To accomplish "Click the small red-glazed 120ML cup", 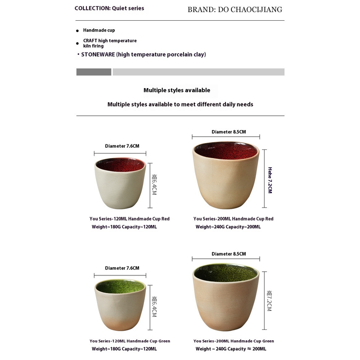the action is pyautogui.click(x=120, y=183).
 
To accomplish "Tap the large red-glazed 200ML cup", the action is pyautogui.click(x=226, y=175).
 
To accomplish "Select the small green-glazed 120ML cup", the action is pyautogui.click(x=120, y=305).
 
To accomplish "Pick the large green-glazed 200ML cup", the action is pyautogui.click(x=226, y=297).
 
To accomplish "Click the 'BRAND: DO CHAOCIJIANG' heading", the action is pyautogui.click(x=235, y=9).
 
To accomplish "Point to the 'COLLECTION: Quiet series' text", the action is pyautogui.click(x=109, y=8).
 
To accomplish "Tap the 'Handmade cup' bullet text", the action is pyautogui.click(x=99, y=30).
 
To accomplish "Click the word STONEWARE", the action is pyautogui.click(x=98, y=54).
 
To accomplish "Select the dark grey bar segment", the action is pyautogui.click(x=94, y=72).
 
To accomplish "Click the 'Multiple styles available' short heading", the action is pyautogui.click(x=177, y=90).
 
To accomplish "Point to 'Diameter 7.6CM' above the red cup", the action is pyautogui.click(x=122, y=146).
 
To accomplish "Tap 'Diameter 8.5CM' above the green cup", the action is pyautogui.click(x=229, y=254).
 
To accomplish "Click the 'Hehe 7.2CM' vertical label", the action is pyautogui.click(x=270, y=180).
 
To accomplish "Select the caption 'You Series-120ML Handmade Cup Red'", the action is pyautogui.click(x=130, y=219).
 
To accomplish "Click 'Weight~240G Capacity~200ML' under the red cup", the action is pyautogui.click(x=228, y=227).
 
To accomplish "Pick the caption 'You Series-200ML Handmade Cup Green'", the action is pyautogui.click(x=234, y=341).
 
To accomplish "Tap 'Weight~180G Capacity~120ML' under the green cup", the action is pyautogui.click(x=124, y=349).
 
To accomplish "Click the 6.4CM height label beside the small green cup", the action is pyautogui.click(x=154, y=307).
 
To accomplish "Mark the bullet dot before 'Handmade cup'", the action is pyautogui.click(x=77, y=31).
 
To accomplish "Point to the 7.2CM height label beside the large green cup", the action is pyautogui.click(x=269, y=301).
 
